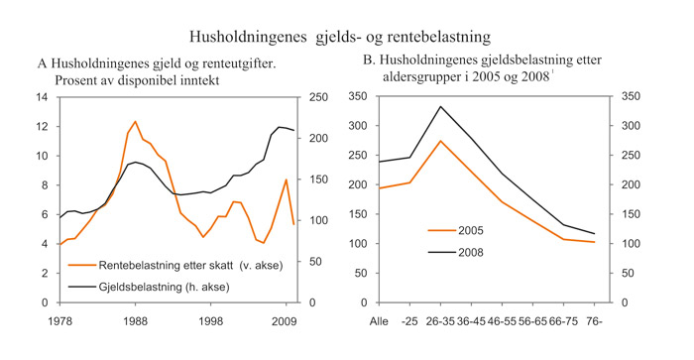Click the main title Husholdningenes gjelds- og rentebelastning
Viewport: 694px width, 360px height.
[x=347, y=37]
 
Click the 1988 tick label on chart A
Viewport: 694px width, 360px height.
[x=137, y=320]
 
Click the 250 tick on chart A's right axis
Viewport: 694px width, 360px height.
[x=321, y=97]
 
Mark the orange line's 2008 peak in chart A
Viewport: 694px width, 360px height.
[x=287, y=180]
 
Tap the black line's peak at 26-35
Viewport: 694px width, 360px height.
[x=440, y=106]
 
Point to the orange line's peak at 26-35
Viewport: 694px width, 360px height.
[x=440, y=141]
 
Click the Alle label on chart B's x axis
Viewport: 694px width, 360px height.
[x=379, y=320]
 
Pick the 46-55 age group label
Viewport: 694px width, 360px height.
[x=503, y=320]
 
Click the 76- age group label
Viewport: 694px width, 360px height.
[x=594, y=320]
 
